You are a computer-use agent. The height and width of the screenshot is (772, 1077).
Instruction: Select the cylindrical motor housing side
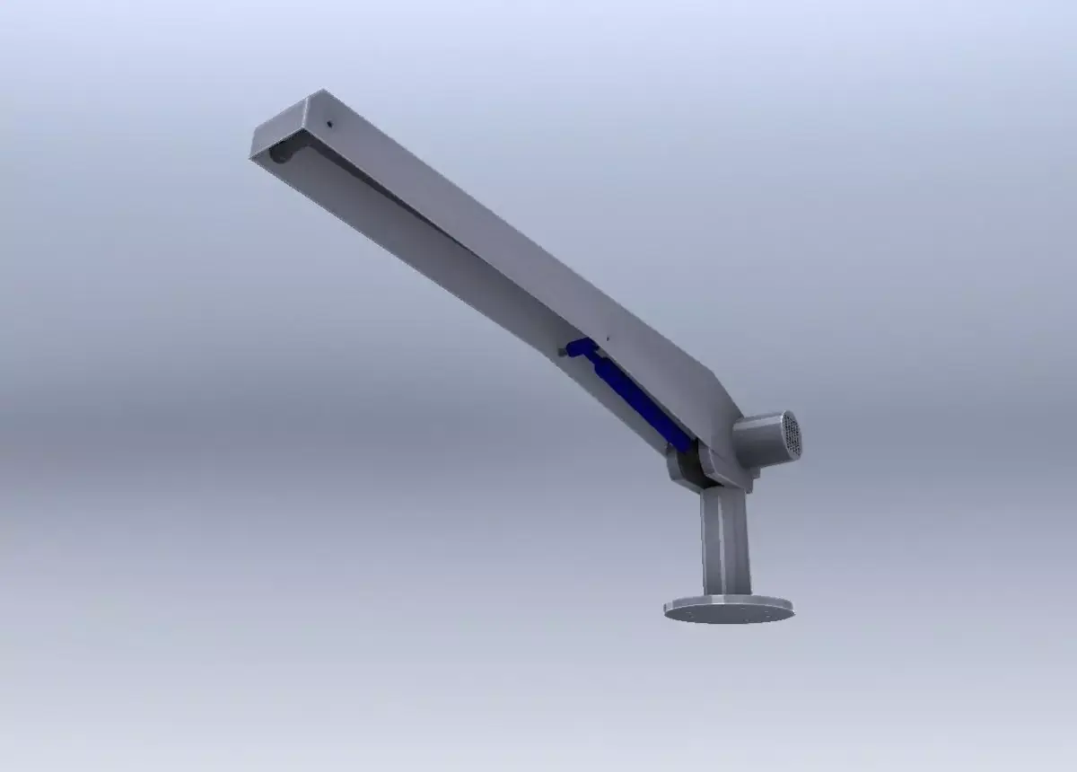(759, 442)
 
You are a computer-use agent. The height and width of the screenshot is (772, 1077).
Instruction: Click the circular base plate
(729, 610)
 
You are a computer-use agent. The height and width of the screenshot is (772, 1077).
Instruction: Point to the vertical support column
(725, 539)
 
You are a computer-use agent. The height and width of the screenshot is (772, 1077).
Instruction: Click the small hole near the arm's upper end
(329, 124)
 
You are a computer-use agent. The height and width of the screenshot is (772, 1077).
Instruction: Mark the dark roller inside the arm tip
(281, 154)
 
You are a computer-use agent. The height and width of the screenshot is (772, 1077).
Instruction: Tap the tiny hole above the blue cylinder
(608, 338)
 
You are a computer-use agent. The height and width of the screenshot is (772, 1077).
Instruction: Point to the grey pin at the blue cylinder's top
(566, 351)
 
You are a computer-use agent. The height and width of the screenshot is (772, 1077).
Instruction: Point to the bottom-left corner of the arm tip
(252, 157)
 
